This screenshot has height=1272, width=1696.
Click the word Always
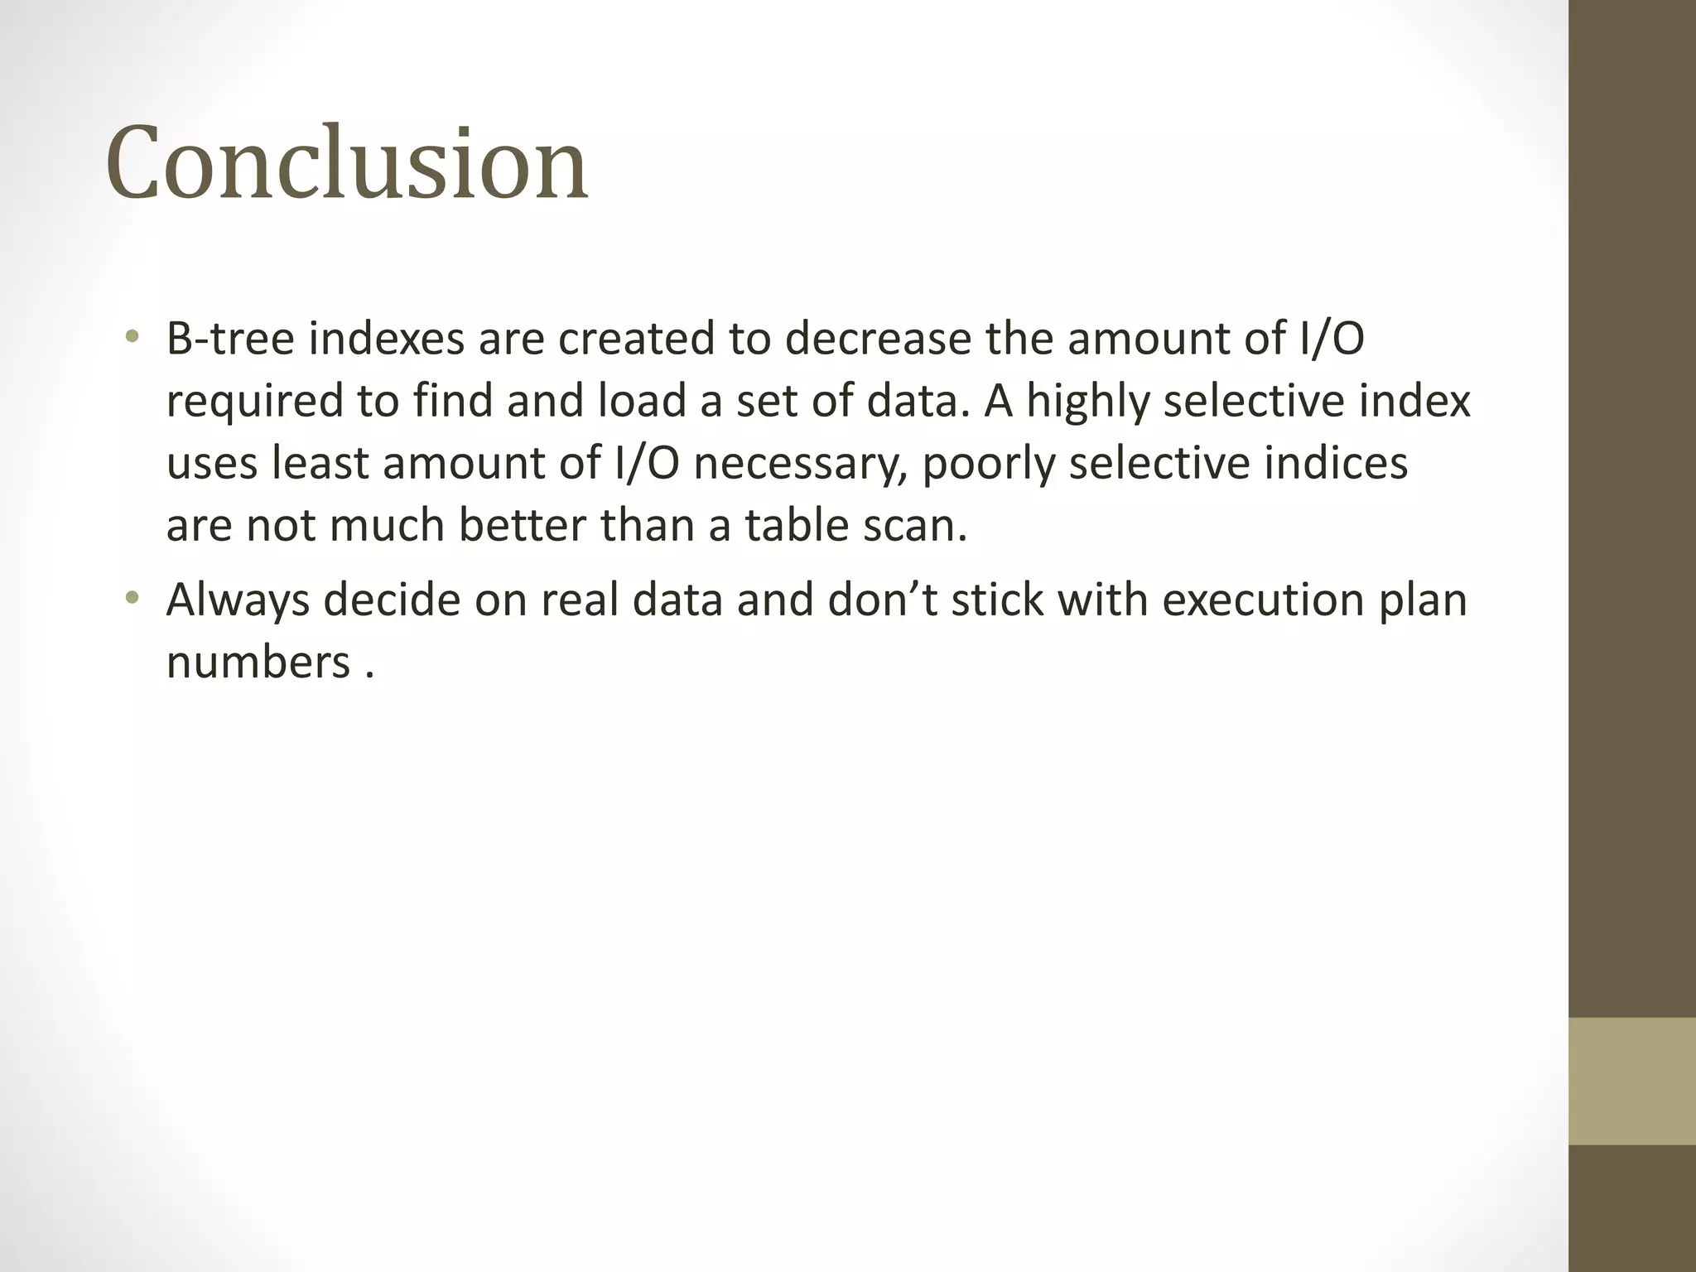(238, 600)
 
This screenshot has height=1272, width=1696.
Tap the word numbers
(258, 662)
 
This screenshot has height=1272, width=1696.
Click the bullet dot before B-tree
(132, 337)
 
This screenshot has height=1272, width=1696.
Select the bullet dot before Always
(132, 597)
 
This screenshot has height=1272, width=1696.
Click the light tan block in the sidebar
(1631, 1081)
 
